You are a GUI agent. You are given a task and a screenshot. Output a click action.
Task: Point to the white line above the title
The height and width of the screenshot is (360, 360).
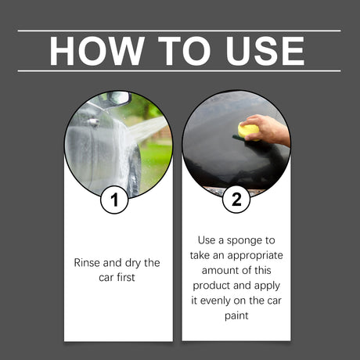(179, 31)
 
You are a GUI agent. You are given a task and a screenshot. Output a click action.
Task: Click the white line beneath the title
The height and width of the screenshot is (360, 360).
(179, 71)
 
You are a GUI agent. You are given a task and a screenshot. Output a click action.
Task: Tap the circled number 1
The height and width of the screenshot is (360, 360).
(115, 200)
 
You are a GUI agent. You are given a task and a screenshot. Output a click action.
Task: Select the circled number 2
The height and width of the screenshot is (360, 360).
(236, 200)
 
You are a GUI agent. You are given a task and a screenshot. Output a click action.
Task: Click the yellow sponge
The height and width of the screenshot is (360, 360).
(249, 129)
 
